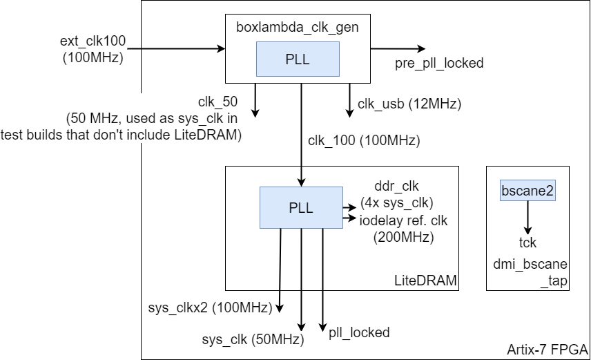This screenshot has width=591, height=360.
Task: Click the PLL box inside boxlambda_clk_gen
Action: coord(298,59)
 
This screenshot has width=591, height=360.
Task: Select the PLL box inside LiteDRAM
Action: coord(300,207)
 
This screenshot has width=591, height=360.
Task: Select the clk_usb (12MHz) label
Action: coord(409,104)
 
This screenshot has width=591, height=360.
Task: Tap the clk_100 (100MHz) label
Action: coord(364,140)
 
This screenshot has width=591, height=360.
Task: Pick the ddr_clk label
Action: coord(396,187)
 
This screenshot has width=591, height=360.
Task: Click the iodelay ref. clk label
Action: coord(403,220)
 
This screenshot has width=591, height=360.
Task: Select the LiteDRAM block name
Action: coord(425,281)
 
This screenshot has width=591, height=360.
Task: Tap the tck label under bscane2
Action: coord(527,243)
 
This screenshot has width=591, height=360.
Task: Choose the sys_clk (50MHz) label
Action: coord(253,339)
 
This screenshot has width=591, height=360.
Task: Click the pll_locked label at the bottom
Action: coord(359,332)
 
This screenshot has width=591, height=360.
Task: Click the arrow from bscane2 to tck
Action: coord(527,218)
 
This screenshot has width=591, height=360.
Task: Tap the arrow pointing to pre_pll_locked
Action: coord(398,48)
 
